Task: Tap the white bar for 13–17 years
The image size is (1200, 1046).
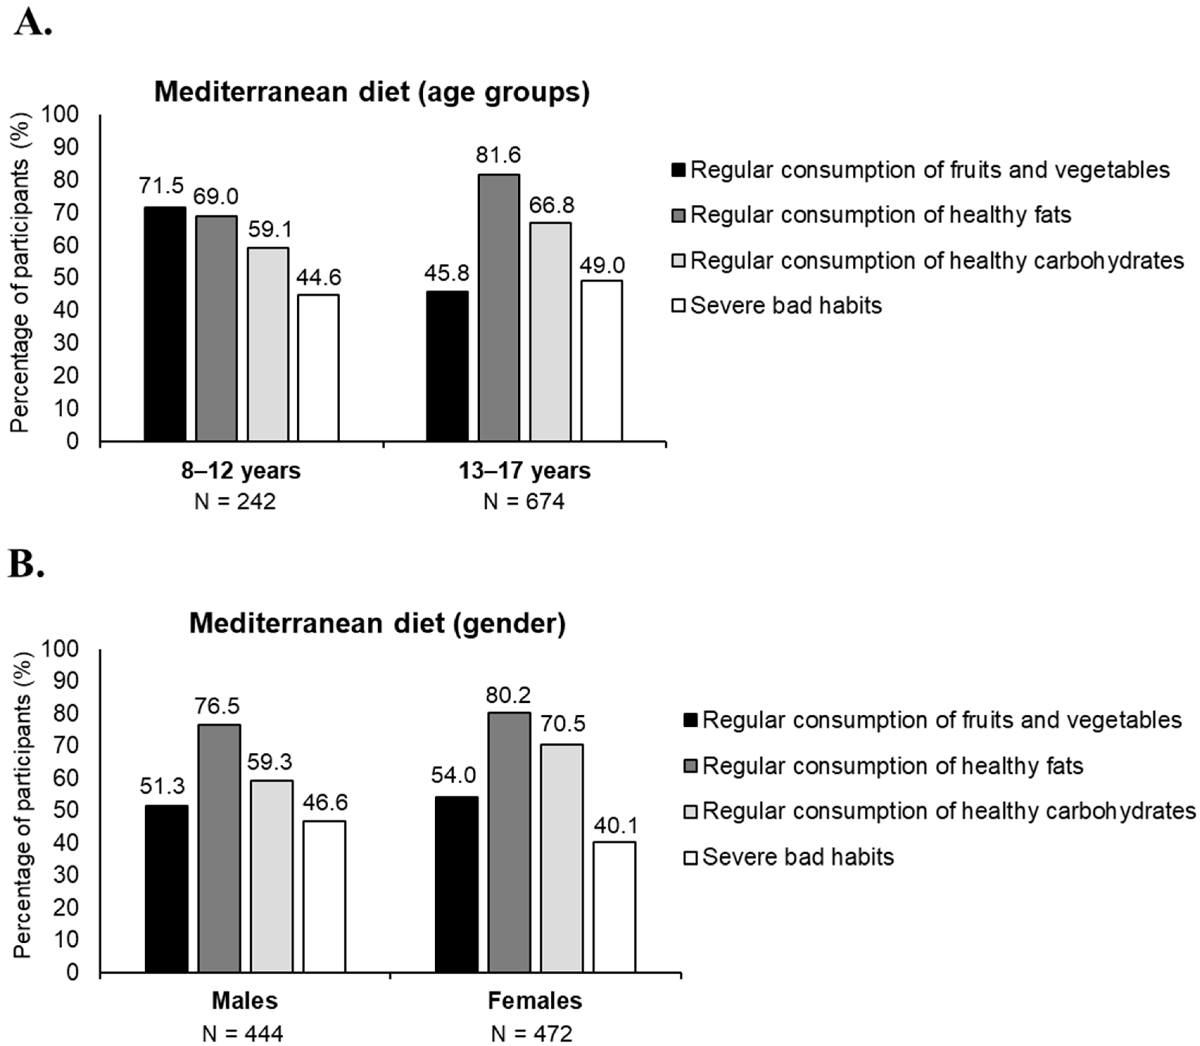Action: point(601,361)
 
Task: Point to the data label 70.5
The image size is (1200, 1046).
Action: point(561,725)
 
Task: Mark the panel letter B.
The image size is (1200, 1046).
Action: point(26,565)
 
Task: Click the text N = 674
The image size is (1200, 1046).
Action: point(524,502)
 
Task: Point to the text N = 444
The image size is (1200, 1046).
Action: point(243,1034)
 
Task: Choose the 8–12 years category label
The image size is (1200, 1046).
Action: point(241,471)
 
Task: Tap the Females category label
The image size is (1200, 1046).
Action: point(535,1001)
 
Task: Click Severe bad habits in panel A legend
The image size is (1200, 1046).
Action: point(785,305)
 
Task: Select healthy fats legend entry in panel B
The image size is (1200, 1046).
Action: point(892,765)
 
